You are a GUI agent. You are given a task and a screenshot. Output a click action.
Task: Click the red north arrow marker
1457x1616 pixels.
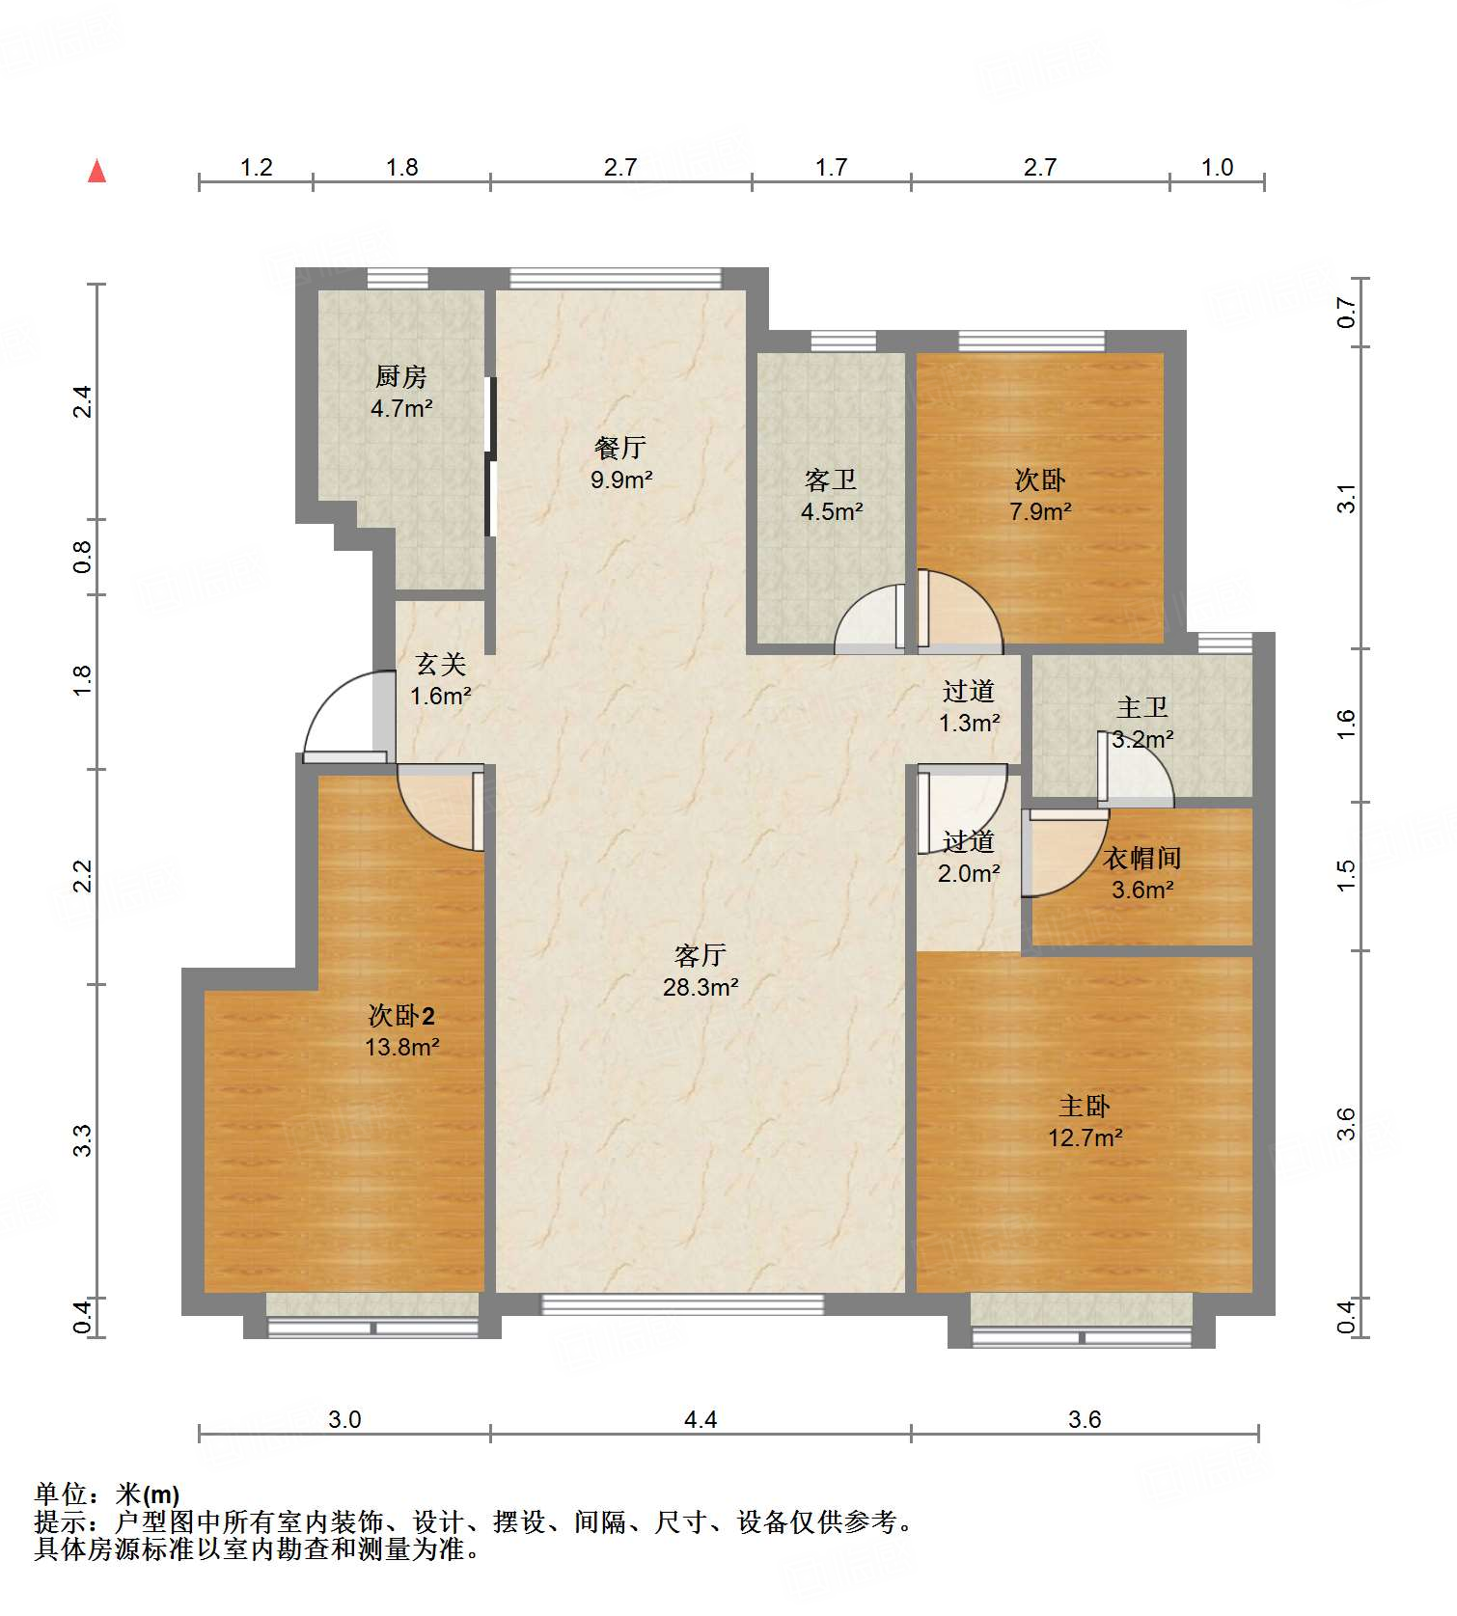[x=96, y=172]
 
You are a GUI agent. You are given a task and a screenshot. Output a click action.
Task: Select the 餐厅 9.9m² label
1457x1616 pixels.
[x=620, y=463]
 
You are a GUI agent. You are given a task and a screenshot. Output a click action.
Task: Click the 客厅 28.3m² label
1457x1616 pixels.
[x=701, y=971]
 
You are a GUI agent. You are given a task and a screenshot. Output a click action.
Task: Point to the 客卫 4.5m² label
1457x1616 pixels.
[x=831, y=495]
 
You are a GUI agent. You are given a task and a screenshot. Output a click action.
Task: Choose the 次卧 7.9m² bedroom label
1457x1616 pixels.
[x=1039, y=495]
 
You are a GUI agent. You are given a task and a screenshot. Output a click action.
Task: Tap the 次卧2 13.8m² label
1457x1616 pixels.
[x=401, y=1030]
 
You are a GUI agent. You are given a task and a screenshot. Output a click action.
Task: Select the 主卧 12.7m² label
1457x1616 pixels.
[x=1085, y=1121]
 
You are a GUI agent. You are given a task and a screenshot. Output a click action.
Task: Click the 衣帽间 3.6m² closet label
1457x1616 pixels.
[x=1142, y=873]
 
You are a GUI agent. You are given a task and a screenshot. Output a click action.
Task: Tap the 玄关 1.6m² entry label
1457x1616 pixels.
[x=440, y=679]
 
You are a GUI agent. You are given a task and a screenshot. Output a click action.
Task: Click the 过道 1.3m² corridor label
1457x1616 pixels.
[x=969, y=706]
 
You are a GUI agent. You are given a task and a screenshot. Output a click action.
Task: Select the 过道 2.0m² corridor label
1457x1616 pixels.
[x=969, y=857]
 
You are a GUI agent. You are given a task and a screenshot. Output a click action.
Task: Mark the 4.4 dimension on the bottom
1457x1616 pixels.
[x=701, y=1419]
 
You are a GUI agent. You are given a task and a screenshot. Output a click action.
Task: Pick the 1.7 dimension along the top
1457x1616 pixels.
[x=831, y=168]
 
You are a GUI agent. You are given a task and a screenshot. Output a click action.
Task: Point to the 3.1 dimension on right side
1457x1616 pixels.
[x=1347, y=498]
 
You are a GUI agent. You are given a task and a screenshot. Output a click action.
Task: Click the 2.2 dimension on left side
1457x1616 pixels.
[x=83, y=876]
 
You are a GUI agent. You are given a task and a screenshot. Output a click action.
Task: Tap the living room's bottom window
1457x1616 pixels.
[x=682, y=1304]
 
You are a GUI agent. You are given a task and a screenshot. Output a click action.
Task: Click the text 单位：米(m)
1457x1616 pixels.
[x=107, y=1494]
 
